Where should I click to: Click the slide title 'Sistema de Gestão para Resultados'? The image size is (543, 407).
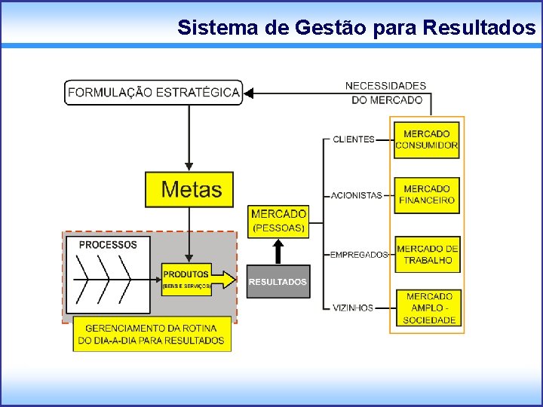(356, 28)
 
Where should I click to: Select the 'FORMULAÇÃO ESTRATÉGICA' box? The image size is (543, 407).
(154, 93)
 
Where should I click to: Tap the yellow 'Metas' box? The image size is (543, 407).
(189, 190)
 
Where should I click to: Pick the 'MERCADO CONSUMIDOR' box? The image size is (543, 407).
(427, 139)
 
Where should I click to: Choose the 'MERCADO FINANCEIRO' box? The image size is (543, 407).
(427, 194)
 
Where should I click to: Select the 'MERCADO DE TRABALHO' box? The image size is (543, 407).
(427, 254)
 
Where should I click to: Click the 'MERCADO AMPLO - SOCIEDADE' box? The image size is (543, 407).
(428, 308)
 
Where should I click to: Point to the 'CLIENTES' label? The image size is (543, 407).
(353, 139)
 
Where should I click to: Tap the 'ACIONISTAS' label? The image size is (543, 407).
(357, 195)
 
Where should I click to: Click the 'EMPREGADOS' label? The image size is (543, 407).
(359, 255)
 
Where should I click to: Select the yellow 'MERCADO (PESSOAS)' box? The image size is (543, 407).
(278, 221)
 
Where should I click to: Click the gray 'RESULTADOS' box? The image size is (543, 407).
(278, 282)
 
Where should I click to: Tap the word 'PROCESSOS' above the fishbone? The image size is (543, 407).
(108, 245)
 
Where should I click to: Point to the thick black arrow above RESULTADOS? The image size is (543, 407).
(278, 251)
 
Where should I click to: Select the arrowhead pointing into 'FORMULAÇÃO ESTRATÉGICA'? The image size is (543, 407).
(250, 93)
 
